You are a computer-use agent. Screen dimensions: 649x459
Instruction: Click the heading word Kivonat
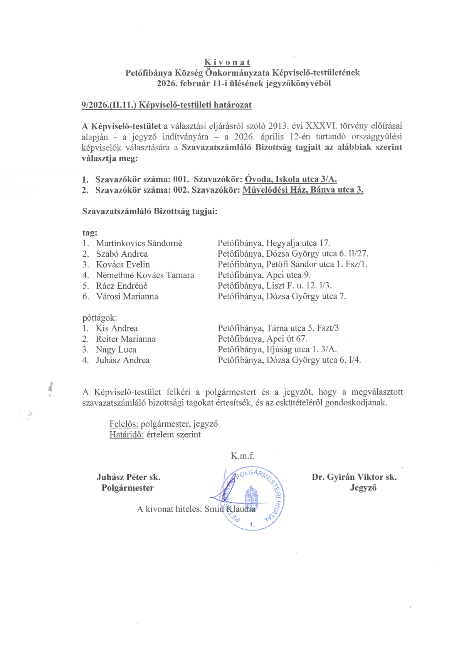[x=227, y=62]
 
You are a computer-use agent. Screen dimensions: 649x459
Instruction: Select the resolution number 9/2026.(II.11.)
[x=109, y=105]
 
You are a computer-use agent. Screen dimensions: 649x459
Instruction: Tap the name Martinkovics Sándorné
[x=139, y=243]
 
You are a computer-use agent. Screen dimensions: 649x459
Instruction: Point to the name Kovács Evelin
[x=123, y=264]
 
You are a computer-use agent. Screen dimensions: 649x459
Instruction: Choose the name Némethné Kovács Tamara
[x=145, y=275]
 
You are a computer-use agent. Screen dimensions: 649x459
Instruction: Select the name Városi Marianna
[x=127, y=296]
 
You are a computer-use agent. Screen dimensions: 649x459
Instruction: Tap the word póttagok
[x=99, y=318]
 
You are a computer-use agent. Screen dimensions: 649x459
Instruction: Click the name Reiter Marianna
[x=126, y=339]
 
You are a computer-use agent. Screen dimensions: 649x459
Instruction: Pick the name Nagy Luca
[x=116, y=350]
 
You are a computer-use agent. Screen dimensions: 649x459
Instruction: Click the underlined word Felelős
[x=124, y=424]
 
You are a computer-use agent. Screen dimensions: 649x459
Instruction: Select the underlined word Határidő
[x=126, y=435]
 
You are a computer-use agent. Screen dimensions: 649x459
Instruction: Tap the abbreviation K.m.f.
[x=242, y=456]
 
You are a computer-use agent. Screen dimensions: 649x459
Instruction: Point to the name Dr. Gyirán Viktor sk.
[x=354, y=477]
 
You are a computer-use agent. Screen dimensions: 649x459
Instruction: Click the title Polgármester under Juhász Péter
[x=128, y=488]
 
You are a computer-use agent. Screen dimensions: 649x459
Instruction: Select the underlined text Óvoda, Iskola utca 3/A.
[x=291, y=179]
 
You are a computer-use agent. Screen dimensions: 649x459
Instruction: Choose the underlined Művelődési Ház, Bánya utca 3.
[x=303, y=190]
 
